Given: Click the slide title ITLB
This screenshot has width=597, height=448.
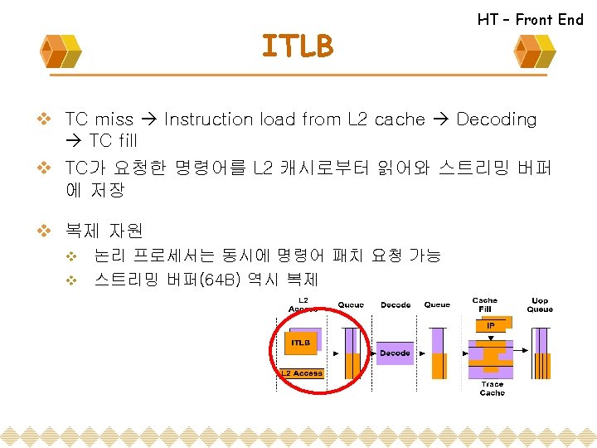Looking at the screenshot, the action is [297, 46].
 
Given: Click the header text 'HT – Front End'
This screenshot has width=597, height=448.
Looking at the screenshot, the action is [530, 19].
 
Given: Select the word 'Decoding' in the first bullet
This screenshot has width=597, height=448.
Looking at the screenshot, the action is [496, 119].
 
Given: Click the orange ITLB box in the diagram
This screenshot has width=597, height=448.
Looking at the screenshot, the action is [300, 342].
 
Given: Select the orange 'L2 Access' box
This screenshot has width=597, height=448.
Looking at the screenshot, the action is [302, 373].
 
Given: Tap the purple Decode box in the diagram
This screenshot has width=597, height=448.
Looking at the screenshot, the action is [395, 353].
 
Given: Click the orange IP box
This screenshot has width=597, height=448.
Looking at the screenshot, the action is [491, 326].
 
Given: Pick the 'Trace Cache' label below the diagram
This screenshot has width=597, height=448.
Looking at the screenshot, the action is [492, 388].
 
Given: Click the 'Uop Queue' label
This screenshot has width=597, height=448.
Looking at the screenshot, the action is [540, 305].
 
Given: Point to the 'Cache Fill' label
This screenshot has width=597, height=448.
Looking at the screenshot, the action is [484, 304].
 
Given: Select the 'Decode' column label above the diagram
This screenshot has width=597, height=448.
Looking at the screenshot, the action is [396, 305].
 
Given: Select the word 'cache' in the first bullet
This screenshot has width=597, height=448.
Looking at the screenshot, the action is [399, 119].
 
